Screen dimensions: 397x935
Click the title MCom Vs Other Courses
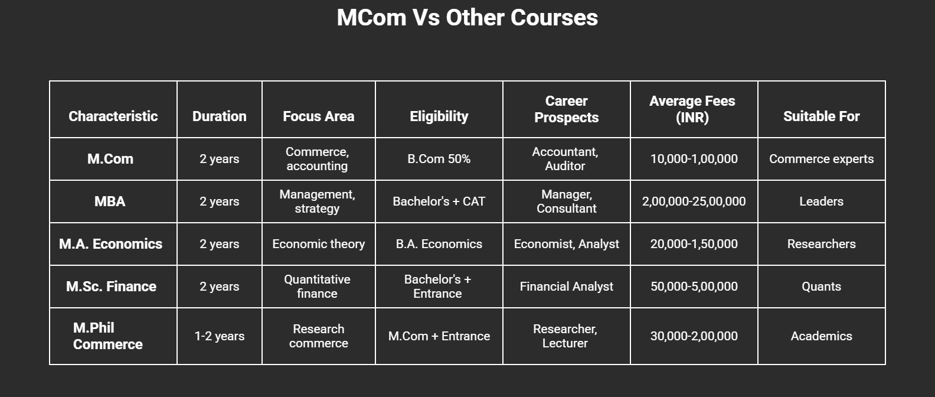tap(467, 18)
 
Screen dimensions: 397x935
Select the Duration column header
tap(219, 116)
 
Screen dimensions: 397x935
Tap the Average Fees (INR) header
tap(692, 109)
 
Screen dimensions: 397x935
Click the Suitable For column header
tap(821, 116)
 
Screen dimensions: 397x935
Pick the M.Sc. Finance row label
tap(111, 287)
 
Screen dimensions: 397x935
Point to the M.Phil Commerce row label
tap(108, 336)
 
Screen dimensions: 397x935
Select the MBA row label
tap(110, 201)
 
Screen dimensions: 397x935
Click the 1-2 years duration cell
tap(219, 336)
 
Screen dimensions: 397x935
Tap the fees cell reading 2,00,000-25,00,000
tap(694, 201)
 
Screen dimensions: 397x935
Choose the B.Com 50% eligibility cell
tap(439, 159)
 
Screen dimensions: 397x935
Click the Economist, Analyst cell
tap(566, 244)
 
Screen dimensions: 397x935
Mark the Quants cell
tap(821, 287)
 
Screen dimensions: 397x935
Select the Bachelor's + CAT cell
tap(439, 201)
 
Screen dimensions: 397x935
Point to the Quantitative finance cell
tap(318, 287)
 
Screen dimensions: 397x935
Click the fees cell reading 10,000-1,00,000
tap(694, 159)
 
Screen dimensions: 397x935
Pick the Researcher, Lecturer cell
tap(565, 336)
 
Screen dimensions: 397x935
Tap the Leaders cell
tap(821, 201)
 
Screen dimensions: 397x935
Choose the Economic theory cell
tap(318, 244)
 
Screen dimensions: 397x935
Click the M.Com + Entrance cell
tap(439, 336)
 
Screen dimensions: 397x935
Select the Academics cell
tap(821, 336)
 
